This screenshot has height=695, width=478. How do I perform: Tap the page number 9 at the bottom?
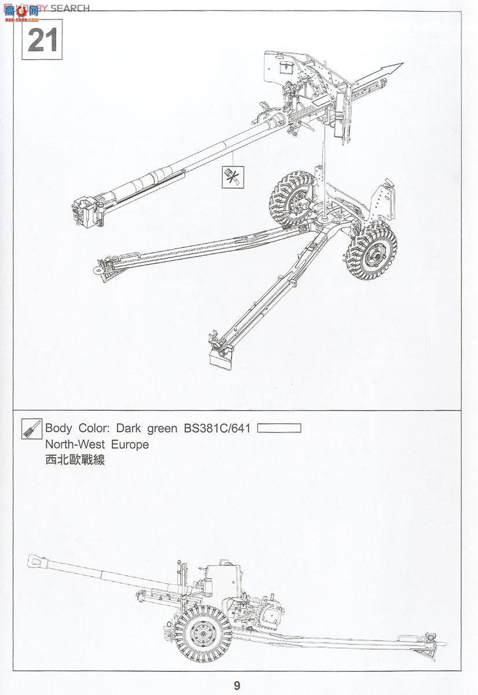pos(237,686)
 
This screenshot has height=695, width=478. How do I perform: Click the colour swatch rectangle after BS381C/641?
pos(280,429)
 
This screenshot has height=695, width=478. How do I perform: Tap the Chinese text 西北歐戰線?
pos(75,461)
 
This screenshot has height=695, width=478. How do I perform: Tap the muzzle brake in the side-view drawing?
pos(38,562)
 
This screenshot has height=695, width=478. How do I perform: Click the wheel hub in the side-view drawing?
pos(203,633)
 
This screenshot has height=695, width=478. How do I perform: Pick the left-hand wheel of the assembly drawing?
pos(292,198)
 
